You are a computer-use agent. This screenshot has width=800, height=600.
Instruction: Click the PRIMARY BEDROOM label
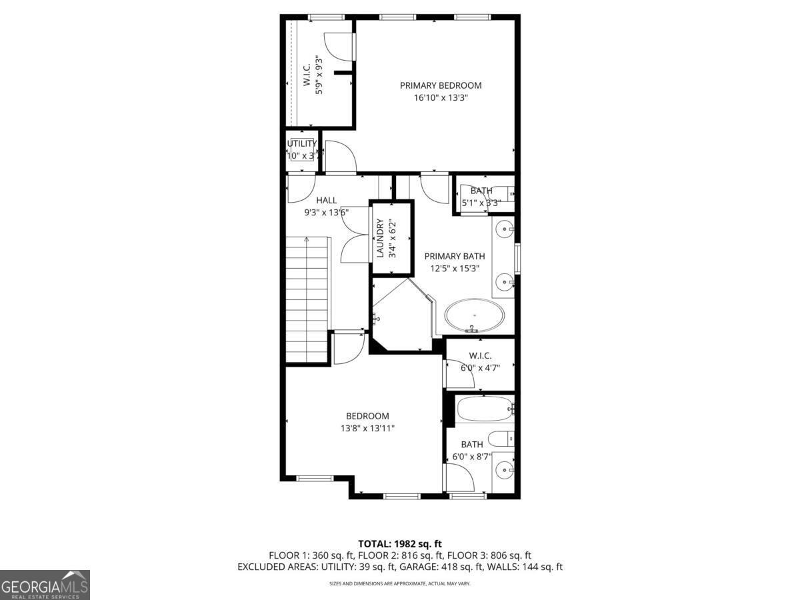tap(440, 85)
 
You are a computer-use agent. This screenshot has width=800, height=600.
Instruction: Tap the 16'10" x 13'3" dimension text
tap(440, 98)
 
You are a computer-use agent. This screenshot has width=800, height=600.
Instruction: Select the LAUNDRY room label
tap(380, 238)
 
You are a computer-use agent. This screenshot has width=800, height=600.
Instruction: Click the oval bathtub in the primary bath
tap(474, 315)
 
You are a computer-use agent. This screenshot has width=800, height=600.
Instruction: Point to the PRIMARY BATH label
tap(455, 256)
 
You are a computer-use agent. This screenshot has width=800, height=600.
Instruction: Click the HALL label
tap(326, 200)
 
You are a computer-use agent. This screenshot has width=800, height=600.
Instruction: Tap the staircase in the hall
tap(308, 300)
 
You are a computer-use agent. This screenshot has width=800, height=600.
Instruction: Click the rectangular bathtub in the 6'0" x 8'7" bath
tap(484, 408)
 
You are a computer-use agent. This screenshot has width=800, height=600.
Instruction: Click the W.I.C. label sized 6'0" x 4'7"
tap(480, 355)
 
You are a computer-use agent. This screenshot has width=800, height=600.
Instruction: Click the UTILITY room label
tap(301, 143)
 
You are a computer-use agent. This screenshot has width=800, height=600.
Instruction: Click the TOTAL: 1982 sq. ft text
tap(400, 544)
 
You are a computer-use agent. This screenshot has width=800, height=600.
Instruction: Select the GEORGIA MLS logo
tap(45, 585)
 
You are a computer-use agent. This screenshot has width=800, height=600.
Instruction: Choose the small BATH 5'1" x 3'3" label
tap(481, 191)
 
